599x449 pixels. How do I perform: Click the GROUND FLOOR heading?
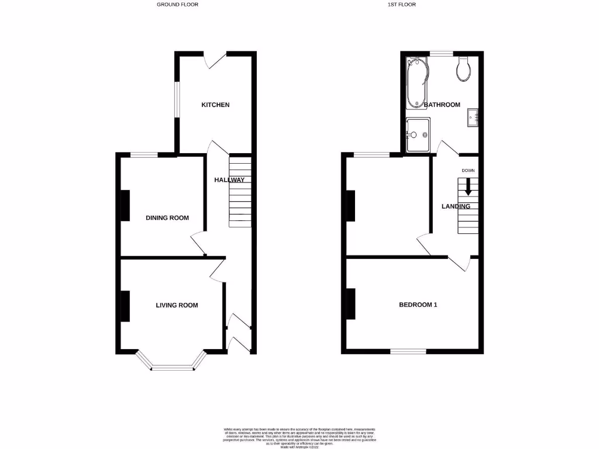point(177,5)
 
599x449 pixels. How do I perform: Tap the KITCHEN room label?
point(215,105)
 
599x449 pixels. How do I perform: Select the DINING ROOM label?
point(167,218)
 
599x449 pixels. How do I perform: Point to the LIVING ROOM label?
point(177,305)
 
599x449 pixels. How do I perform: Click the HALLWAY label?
point(229,180)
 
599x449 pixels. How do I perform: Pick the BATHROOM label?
point(442,105)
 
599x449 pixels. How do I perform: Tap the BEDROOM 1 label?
point(418,305)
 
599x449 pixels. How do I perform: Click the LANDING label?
point(456,206)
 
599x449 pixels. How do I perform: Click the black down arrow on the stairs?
point(468,188)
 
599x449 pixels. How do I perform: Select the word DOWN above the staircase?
point(468,171)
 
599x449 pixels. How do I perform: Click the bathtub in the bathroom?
point(416,83)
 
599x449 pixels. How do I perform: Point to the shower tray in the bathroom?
point(418,134)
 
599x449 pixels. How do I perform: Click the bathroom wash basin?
point(473,118)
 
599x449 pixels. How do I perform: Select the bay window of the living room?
point(173,367)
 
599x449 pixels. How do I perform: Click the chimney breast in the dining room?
point(125,206)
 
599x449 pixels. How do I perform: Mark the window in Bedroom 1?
point(408,351)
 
